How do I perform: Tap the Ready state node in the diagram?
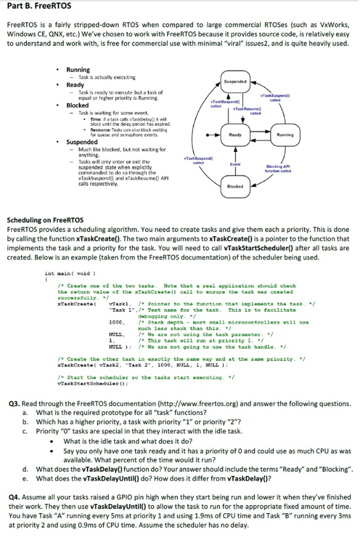click(235, 135)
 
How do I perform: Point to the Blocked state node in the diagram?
click(235, 187)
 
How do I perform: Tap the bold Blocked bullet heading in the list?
click(77, 106)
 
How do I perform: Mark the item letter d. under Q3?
click(25, 469)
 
